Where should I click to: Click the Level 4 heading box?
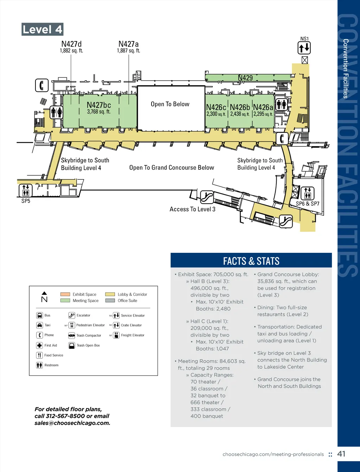(42, 29)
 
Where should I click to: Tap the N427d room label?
(71, 44)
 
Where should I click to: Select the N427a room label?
(128, 44)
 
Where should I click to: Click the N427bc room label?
(99, 105)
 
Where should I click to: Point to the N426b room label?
(240, 107)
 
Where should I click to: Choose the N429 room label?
(245, 78)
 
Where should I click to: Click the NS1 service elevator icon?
(304, 48)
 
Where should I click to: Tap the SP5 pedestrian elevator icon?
(26, 190)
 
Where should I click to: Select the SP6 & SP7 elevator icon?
(307, 193)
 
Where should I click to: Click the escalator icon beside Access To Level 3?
(207, 197)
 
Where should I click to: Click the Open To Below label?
(170, 104)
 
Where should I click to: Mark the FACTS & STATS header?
(251, 261)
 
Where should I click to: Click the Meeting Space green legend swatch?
(65, 301)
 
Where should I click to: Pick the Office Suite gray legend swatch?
(110, 301)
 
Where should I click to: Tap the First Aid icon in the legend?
(39, 345)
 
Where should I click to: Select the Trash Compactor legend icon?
(72, 335)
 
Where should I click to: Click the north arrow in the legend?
(44, 297)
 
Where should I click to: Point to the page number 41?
(341, 454)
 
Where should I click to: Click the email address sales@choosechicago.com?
(72, 423)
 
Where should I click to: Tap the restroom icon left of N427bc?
(56, 112)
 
